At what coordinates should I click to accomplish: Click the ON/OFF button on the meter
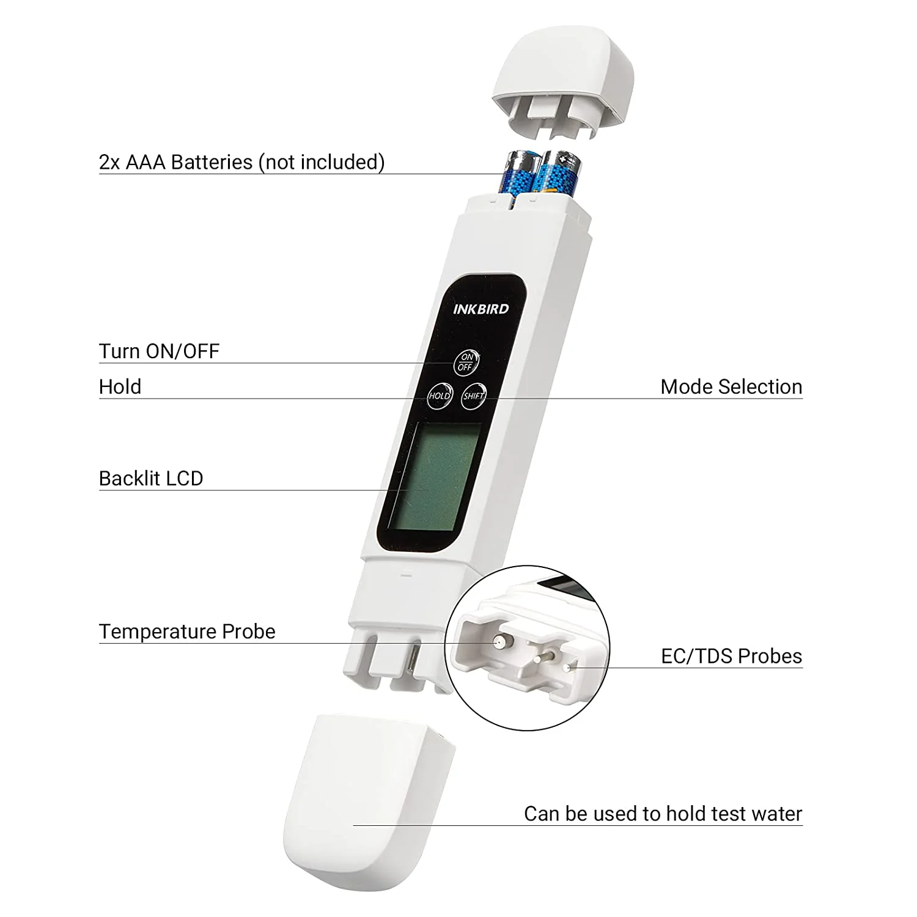point(466,362)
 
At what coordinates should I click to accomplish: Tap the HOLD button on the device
point(439,396)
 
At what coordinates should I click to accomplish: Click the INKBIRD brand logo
point(481,309)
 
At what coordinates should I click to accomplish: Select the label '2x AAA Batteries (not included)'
point(241,162)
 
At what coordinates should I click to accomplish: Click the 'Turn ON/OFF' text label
point(159,351)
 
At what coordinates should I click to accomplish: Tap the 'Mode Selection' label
point(731,386)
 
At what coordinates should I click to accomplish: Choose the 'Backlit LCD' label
point(151,478)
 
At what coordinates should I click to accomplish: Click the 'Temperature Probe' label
point(187,631)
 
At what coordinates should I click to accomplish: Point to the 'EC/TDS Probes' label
point(731,656)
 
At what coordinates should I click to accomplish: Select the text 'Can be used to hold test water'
point(663,814)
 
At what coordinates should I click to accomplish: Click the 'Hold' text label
point(120,386)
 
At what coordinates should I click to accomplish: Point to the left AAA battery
point(520,174)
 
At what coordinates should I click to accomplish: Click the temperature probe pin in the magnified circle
point(499,642)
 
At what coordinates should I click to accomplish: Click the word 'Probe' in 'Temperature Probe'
point(249,631)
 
